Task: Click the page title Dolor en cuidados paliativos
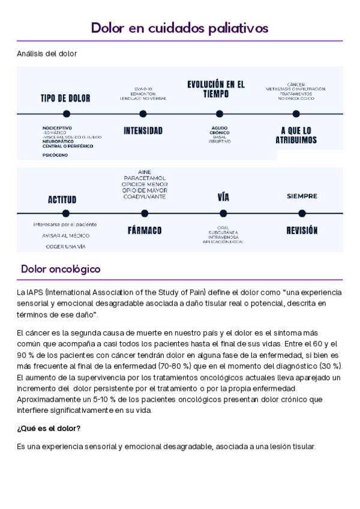coord(179,28)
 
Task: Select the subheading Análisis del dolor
coord(47,54)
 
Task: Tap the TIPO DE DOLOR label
coord(65,98)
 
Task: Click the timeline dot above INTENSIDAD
coord(143,113)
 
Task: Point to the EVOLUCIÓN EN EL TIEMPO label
coord(216,89)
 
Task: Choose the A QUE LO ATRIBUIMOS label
coord(296,135)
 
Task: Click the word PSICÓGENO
coord(55,155)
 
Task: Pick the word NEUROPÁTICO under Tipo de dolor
coord(59,142)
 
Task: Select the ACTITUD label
coord(62,199)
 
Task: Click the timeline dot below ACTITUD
coord(65,213)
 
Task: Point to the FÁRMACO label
coord(145,230)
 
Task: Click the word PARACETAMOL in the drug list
coord(145,178)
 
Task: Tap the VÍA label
coord(223,197)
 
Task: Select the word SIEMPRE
coord(302,196)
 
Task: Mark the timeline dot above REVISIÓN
coord(302,213)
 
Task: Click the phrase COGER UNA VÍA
coord(64,246)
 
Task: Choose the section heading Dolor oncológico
coord(61,269)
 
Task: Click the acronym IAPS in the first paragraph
coord(35,292)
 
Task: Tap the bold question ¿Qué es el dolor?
coord(49,428)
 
